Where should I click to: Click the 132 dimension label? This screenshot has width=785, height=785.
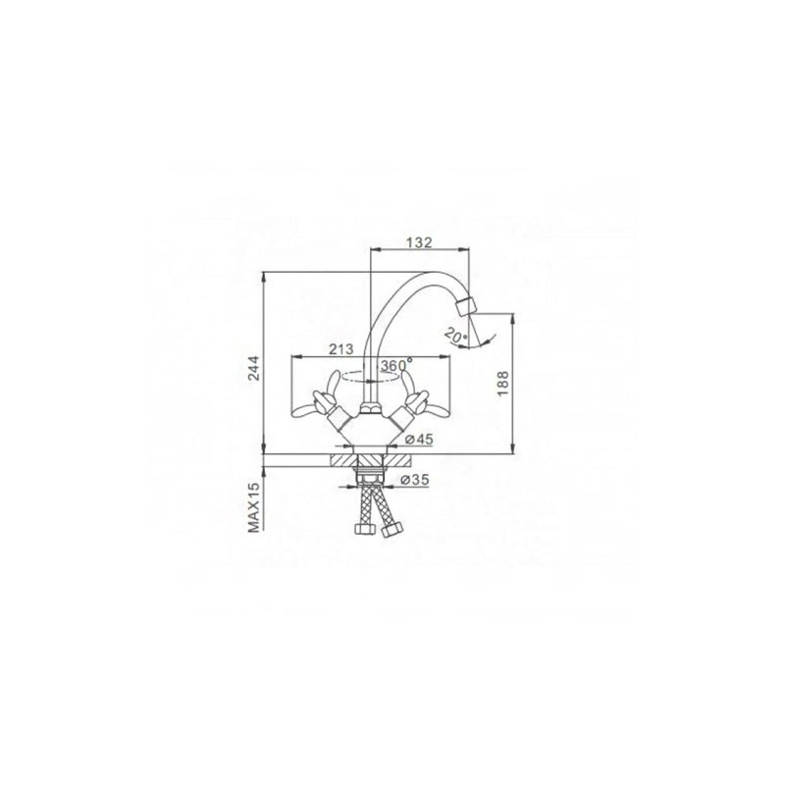point(420,240)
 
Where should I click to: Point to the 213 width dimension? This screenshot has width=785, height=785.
point(342,349)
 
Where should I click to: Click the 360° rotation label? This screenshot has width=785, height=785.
point(394,365)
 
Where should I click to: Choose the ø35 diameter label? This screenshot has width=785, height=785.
point(418,481)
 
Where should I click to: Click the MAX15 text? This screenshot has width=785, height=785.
point(253,506)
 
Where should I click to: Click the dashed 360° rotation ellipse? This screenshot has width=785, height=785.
point(370,378)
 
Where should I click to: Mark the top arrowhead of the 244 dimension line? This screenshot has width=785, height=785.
point(265,276)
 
